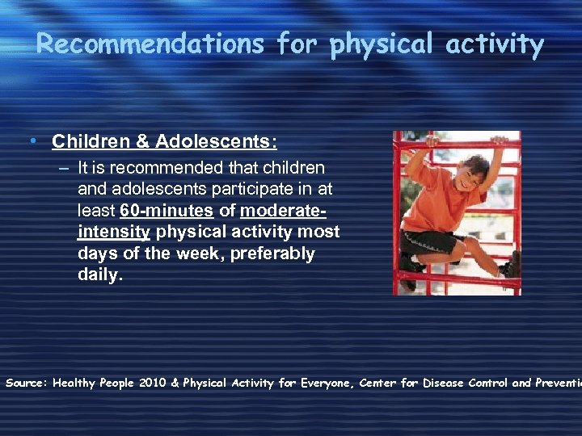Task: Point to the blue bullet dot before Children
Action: click(31, 142)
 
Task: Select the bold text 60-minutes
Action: click(167, 212)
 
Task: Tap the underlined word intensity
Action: click(114, 233)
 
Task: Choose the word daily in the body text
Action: click(99, 275)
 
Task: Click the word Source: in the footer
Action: click(26, 383)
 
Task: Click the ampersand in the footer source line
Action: click(175, 383)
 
